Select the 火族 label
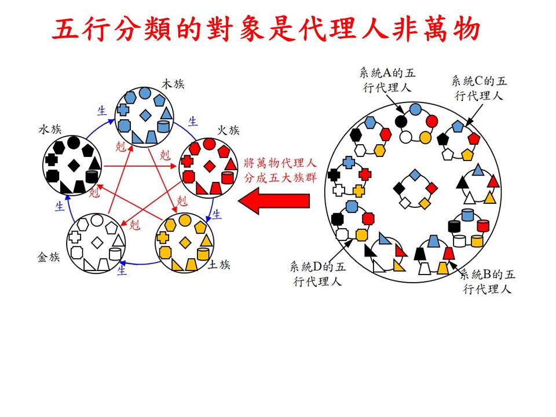click(x=228, y=131)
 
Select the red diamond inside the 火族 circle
click(x=209, y=167)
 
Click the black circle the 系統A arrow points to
click(x=400, y=120)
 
